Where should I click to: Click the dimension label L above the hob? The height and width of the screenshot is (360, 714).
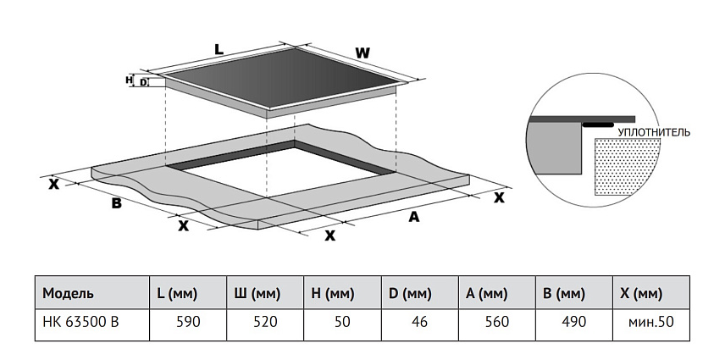[x=219, y=50]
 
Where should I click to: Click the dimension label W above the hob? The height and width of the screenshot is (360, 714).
[x=363, y=53]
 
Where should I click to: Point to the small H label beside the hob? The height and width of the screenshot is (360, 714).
[x=129, y=80]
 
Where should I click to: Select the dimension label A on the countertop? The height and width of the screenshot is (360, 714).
[x=414, y=217]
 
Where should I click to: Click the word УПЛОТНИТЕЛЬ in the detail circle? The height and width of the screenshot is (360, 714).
[x=655, y=132]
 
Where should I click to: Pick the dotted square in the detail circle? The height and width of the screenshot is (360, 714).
[x=627, y=166]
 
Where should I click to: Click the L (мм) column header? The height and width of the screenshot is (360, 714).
[x=177, y=294]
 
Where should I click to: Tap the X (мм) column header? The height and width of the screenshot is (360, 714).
[x=641, y=294]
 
